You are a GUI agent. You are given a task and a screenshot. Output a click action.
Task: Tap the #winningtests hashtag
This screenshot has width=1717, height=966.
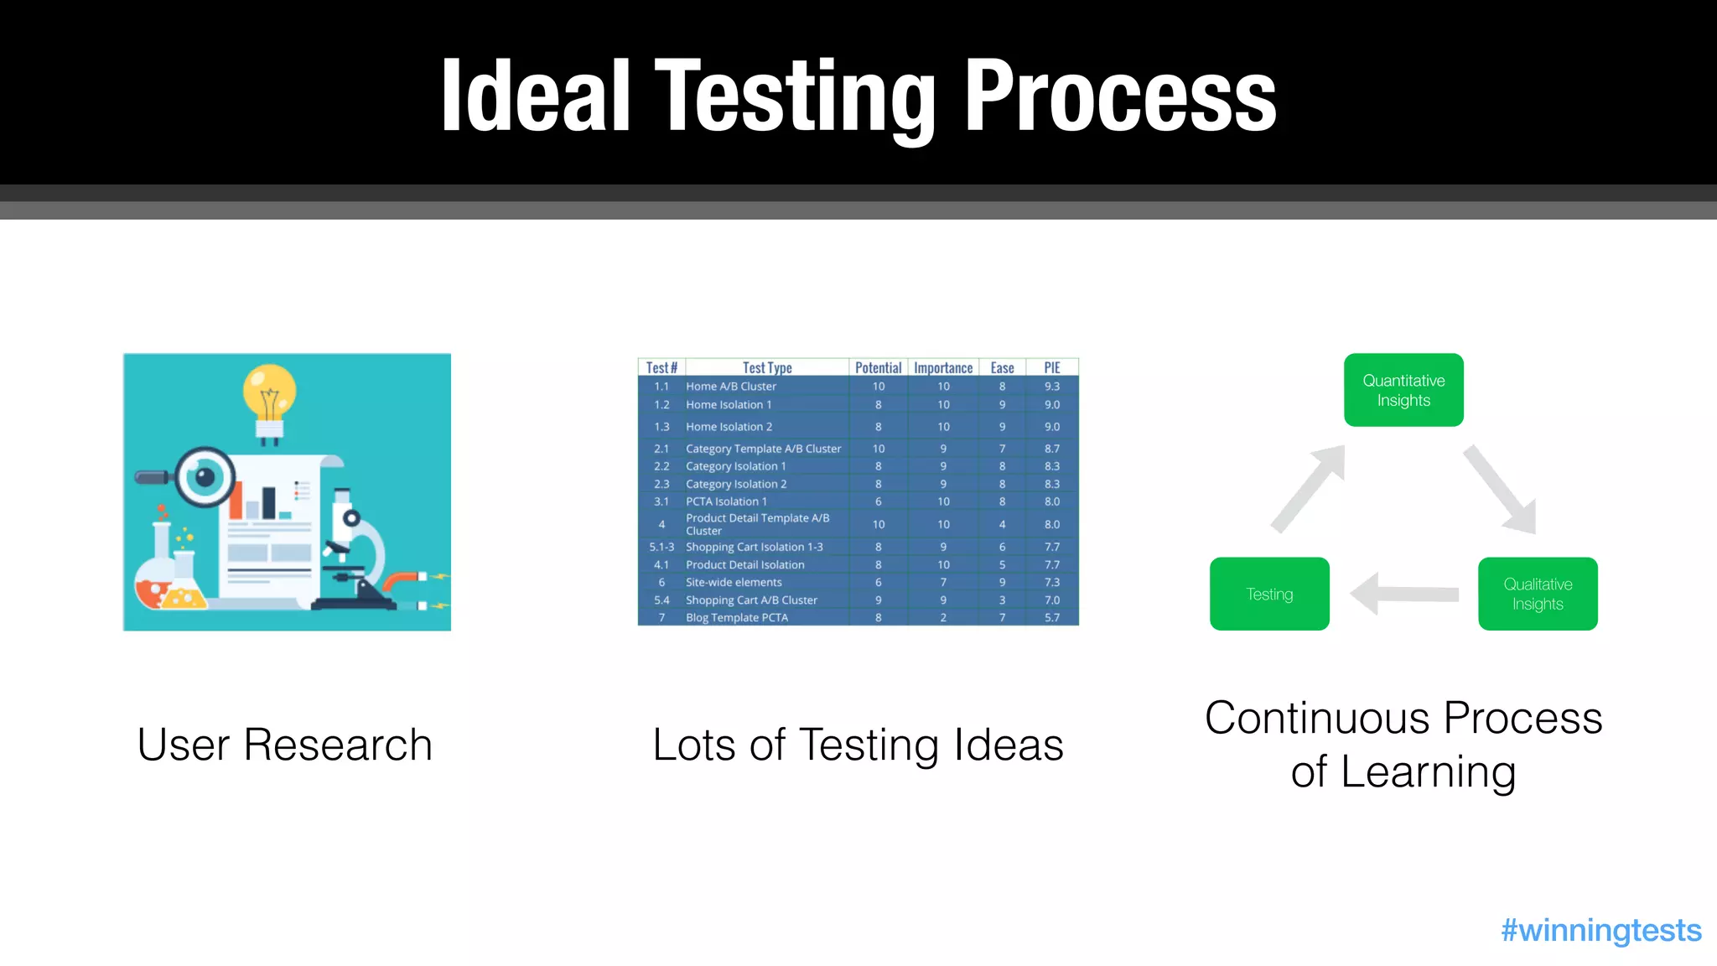[1600, 930]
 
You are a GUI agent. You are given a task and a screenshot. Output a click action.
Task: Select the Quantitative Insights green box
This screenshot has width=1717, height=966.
[1403, 390]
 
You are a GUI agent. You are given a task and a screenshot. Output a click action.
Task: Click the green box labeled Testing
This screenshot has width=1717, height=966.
[1269, 594]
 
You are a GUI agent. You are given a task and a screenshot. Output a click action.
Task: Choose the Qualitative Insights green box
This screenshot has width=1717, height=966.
[1538, 594]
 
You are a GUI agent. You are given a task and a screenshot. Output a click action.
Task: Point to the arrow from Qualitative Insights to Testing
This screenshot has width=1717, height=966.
[1404, 594]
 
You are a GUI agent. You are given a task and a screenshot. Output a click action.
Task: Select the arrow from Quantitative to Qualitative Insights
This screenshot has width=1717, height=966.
[1501, 490]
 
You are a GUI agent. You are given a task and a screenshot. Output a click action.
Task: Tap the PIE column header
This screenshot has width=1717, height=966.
[1052, 367]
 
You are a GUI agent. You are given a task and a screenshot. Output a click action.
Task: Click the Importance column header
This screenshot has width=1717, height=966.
[943, 367]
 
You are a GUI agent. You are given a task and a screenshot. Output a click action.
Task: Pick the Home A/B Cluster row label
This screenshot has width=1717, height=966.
[730, 387]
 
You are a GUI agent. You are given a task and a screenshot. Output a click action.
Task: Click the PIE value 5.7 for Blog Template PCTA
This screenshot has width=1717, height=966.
[1052, 617]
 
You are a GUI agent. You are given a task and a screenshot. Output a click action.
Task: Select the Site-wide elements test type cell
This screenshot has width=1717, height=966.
[734, 582]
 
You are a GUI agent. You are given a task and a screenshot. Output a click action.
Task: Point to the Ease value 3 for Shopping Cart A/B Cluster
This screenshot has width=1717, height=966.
[1002, 600]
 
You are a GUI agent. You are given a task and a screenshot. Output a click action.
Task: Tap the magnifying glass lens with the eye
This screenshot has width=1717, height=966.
[204, 477]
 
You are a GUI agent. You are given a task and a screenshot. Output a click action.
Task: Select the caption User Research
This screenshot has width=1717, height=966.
[285, 745]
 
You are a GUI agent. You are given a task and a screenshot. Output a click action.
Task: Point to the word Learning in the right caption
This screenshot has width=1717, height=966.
[1428, 771]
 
